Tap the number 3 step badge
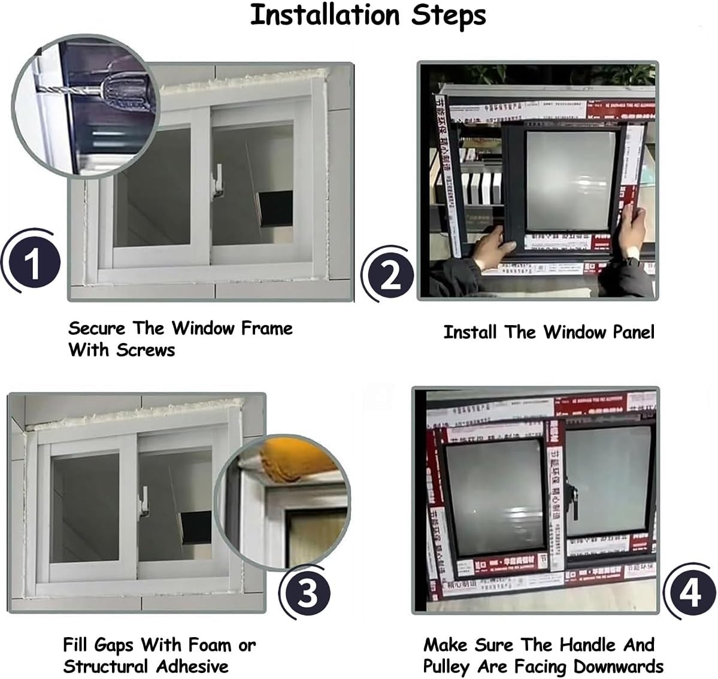pyautogui.click(x=308, y=594)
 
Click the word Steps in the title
pyautogui.click(x=448, y=16)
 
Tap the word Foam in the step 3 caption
pyautogui.click(x=209, y=645)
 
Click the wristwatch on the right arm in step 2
pyautogui.click(x=631, y=262)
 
